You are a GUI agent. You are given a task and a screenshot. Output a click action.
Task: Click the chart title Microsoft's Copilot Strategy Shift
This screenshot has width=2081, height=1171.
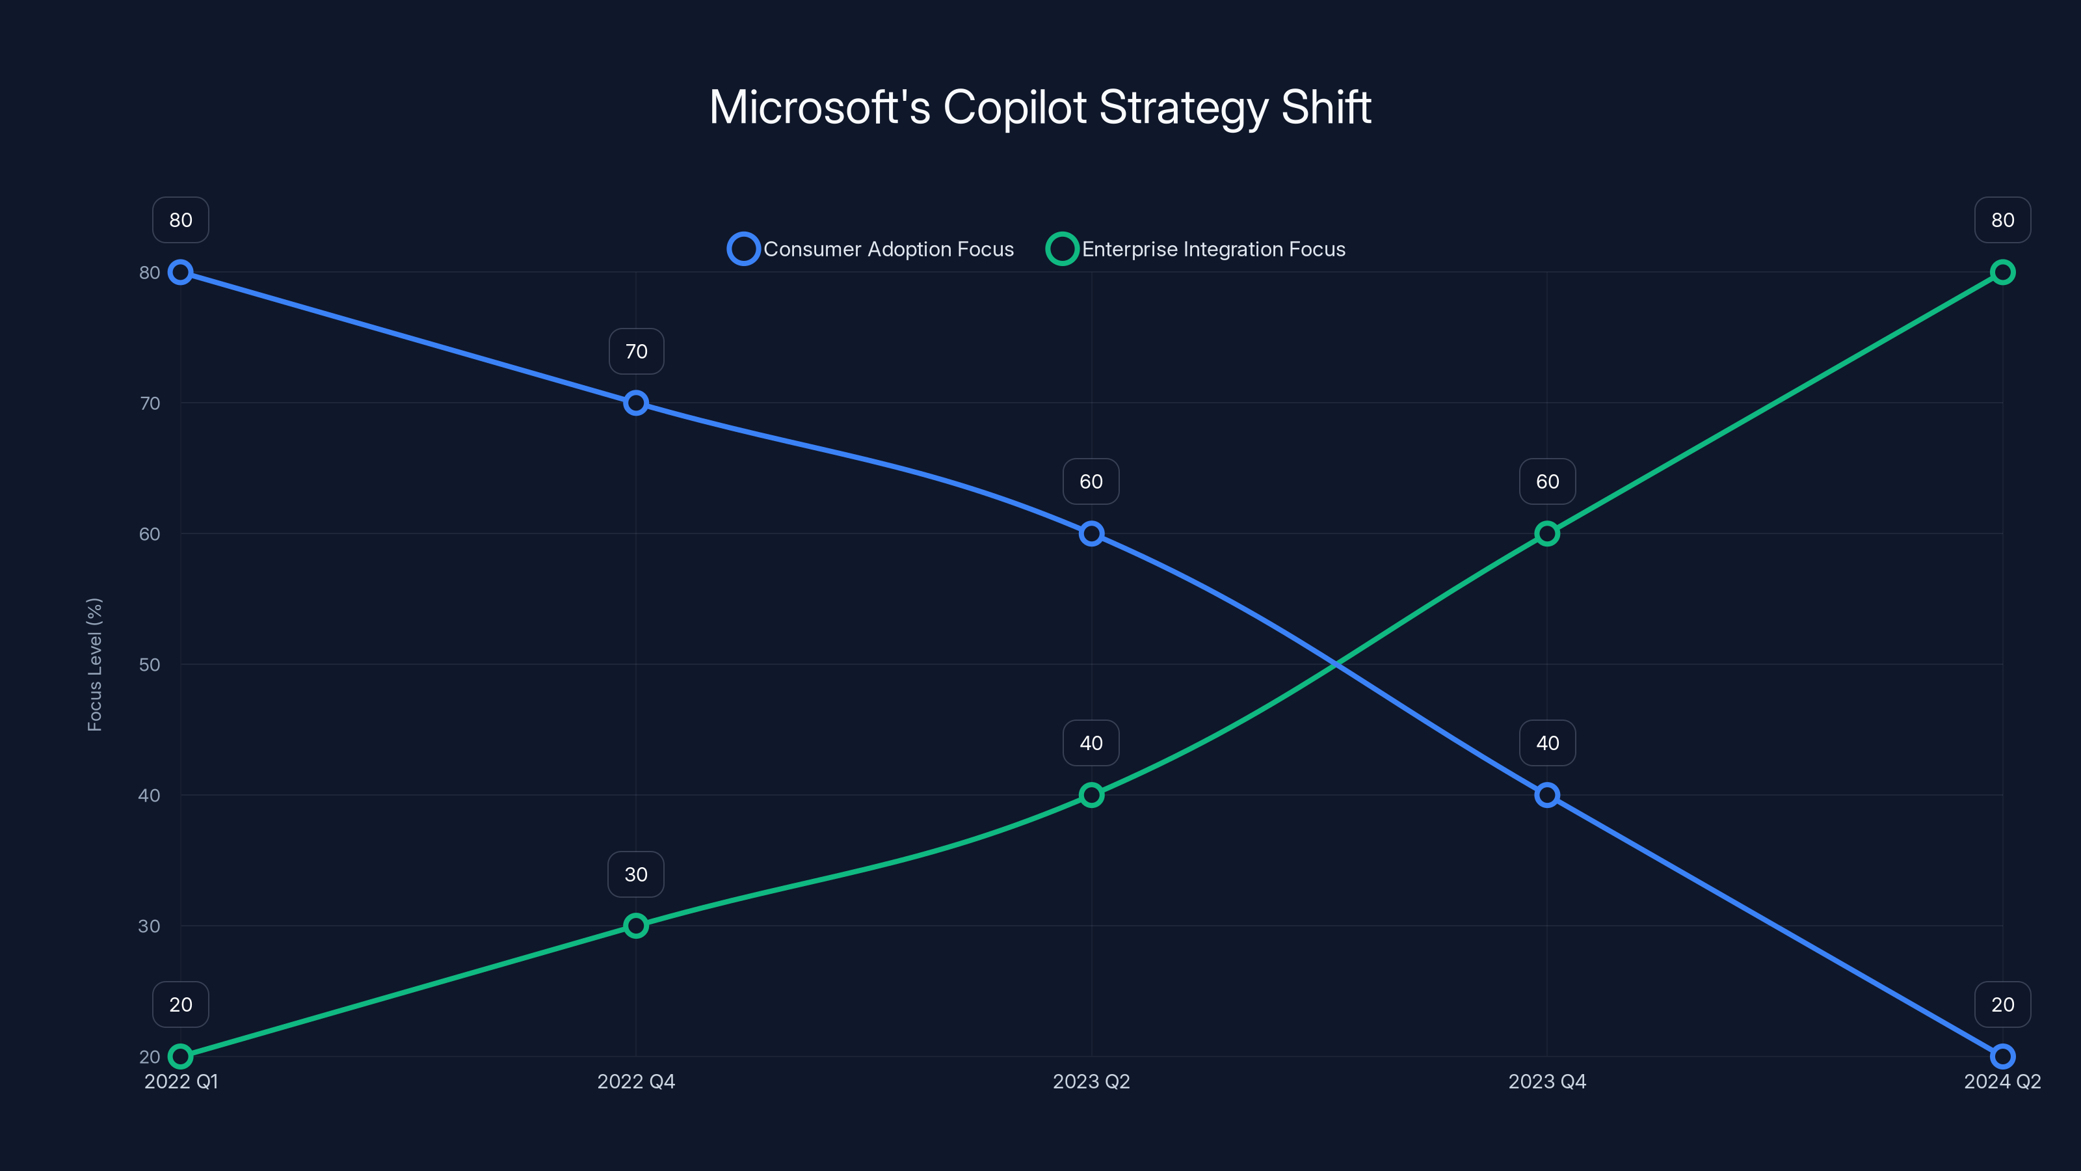click(x=1040, y=107)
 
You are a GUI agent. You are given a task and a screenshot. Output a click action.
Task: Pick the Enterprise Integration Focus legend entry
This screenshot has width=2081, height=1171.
click(x=1197, y=249)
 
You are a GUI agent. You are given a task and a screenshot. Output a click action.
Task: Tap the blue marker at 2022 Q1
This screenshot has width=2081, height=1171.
click(x=181, y=273)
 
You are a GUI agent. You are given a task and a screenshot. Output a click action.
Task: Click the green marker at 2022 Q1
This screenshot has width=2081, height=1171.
click(x=181, y=1057)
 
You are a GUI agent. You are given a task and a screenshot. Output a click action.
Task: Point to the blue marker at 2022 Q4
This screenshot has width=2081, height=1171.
click(x=636, y=403)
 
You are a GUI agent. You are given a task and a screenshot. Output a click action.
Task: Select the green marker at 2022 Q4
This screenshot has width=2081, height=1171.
click(x=636, y=925)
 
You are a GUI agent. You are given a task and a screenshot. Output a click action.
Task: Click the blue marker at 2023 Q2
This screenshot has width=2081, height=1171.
click(x=1091, y=533)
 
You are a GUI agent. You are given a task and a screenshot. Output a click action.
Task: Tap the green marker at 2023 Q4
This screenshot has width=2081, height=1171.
click(x=1547, y=533)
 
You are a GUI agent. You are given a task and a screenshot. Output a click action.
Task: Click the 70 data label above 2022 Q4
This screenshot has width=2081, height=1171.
click(x=637, y=351)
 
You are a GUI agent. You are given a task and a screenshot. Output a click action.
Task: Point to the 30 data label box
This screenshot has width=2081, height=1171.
click(x=636, y=874)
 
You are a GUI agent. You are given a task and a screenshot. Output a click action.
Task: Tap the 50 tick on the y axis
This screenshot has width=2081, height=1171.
click(x=150, y=664)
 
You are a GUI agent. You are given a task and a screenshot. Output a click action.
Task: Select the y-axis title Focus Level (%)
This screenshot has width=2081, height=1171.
click(x=94, y=664)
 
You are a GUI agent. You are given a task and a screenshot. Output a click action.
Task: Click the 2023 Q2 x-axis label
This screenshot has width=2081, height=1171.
click(x=1091, y=1081)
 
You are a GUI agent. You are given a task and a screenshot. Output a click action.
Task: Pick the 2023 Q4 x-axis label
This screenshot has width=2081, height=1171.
click(x=1547, y=1081)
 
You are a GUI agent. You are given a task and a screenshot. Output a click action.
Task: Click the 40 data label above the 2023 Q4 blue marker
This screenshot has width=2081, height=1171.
click(x=1547, y=743)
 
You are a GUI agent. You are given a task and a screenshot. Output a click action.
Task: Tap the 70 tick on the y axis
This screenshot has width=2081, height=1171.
click(x=150, y=403)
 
